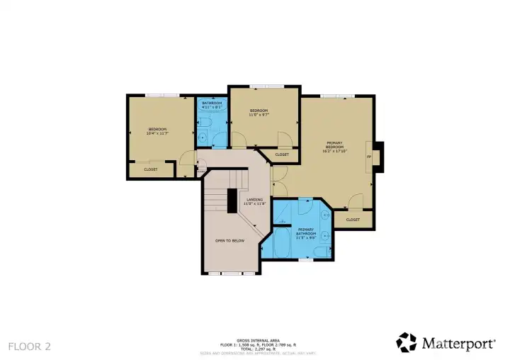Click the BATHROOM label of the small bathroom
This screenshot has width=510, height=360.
click(212, 103)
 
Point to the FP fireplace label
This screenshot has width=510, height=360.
click(368, 156)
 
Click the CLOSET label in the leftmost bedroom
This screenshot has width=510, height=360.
click(150, 169)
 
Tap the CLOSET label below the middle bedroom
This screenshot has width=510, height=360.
click(281, 154)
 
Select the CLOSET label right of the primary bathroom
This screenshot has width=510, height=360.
click(353, 220)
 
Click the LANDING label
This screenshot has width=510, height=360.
click(254, 200)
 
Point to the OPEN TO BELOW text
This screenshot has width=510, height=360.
click(229, 240)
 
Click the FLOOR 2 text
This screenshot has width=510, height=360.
click(29, 347)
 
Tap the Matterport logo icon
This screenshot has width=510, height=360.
click(407, 342)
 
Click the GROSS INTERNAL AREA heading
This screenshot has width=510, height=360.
click(254, 340)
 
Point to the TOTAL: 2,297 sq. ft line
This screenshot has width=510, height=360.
click(254, 348)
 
